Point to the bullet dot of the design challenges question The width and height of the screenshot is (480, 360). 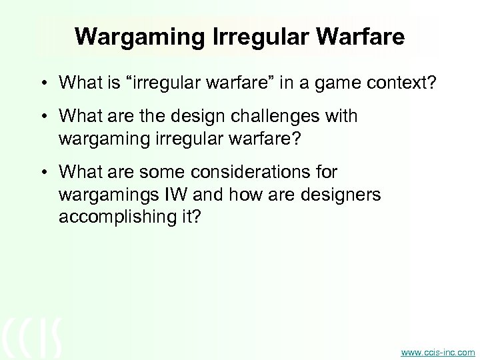pyautogui.click(x=42, y=117)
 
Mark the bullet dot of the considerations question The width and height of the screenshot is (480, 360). pyautogui.click(x=42, y=173)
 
